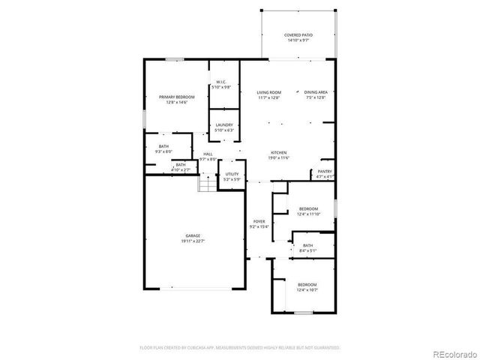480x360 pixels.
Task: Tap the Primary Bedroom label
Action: pyautogui.click(x=176, y=97)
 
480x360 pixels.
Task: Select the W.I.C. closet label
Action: pyautogui.click(x=221, y=82)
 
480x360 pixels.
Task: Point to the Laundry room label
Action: pyautogui.click(x=223, y=124)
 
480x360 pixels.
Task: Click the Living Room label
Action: pyautogui.click(x=268, y=91)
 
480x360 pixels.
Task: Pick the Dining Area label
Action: pyautogui.click(x=316, y=91)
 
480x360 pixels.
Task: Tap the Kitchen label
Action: pyautogui.click(x=279, y=152)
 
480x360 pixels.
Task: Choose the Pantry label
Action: pyautogui.click(x=324, y=172)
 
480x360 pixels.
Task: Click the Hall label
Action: pyautogui.click(x=208, y=154)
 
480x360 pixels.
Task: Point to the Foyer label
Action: pyautogui.click(x=259, y=221)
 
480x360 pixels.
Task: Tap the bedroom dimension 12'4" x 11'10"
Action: pyautogui.click(x=308, y=214)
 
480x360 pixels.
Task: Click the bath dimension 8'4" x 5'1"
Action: pyautogui.click(x=307, y=250)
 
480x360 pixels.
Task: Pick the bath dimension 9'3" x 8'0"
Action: pyautogui.click(x=163, y=151)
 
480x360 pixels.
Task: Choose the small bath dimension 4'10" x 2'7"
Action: pyautogui.click(x=181, y=170)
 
